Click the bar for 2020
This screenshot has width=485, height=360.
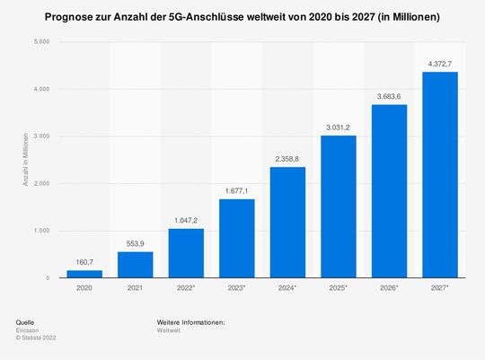[84, 274]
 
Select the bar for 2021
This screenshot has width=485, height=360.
[135, 265]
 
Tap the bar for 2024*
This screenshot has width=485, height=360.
[287, 223]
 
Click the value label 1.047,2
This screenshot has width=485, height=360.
[186, 219]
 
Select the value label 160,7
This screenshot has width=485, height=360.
[84, 261]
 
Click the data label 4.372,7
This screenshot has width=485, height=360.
[440, 63]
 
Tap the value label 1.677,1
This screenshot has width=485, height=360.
[236, 189]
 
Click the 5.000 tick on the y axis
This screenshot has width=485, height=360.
[40, 42]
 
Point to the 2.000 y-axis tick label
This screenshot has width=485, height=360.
[40, 184]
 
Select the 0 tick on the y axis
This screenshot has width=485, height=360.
[47, 278]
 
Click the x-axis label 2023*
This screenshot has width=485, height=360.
[236, 289]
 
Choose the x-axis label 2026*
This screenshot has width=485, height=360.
[389, 289]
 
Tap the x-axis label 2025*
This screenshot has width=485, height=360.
[339, 289]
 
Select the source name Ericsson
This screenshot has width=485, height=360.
[27, 330]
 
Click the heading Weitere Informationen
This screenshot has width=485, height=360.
[190, 321]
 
